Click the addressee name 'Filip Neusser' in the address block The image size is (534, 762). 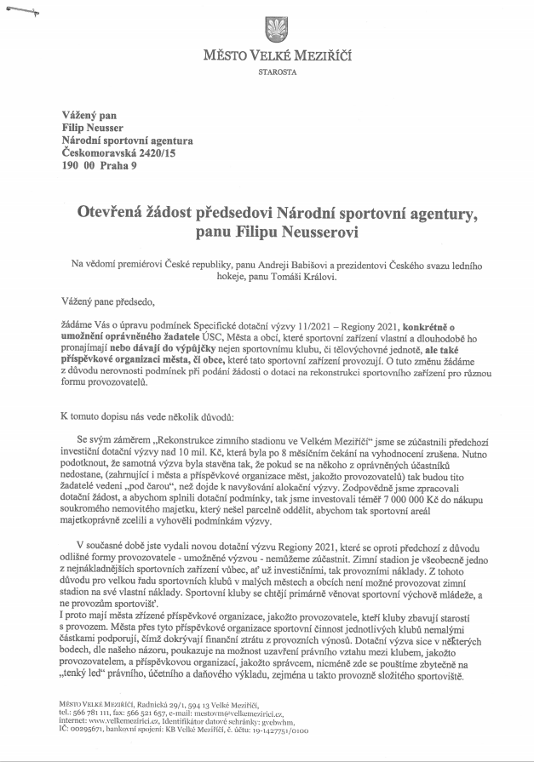(92, 127)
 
